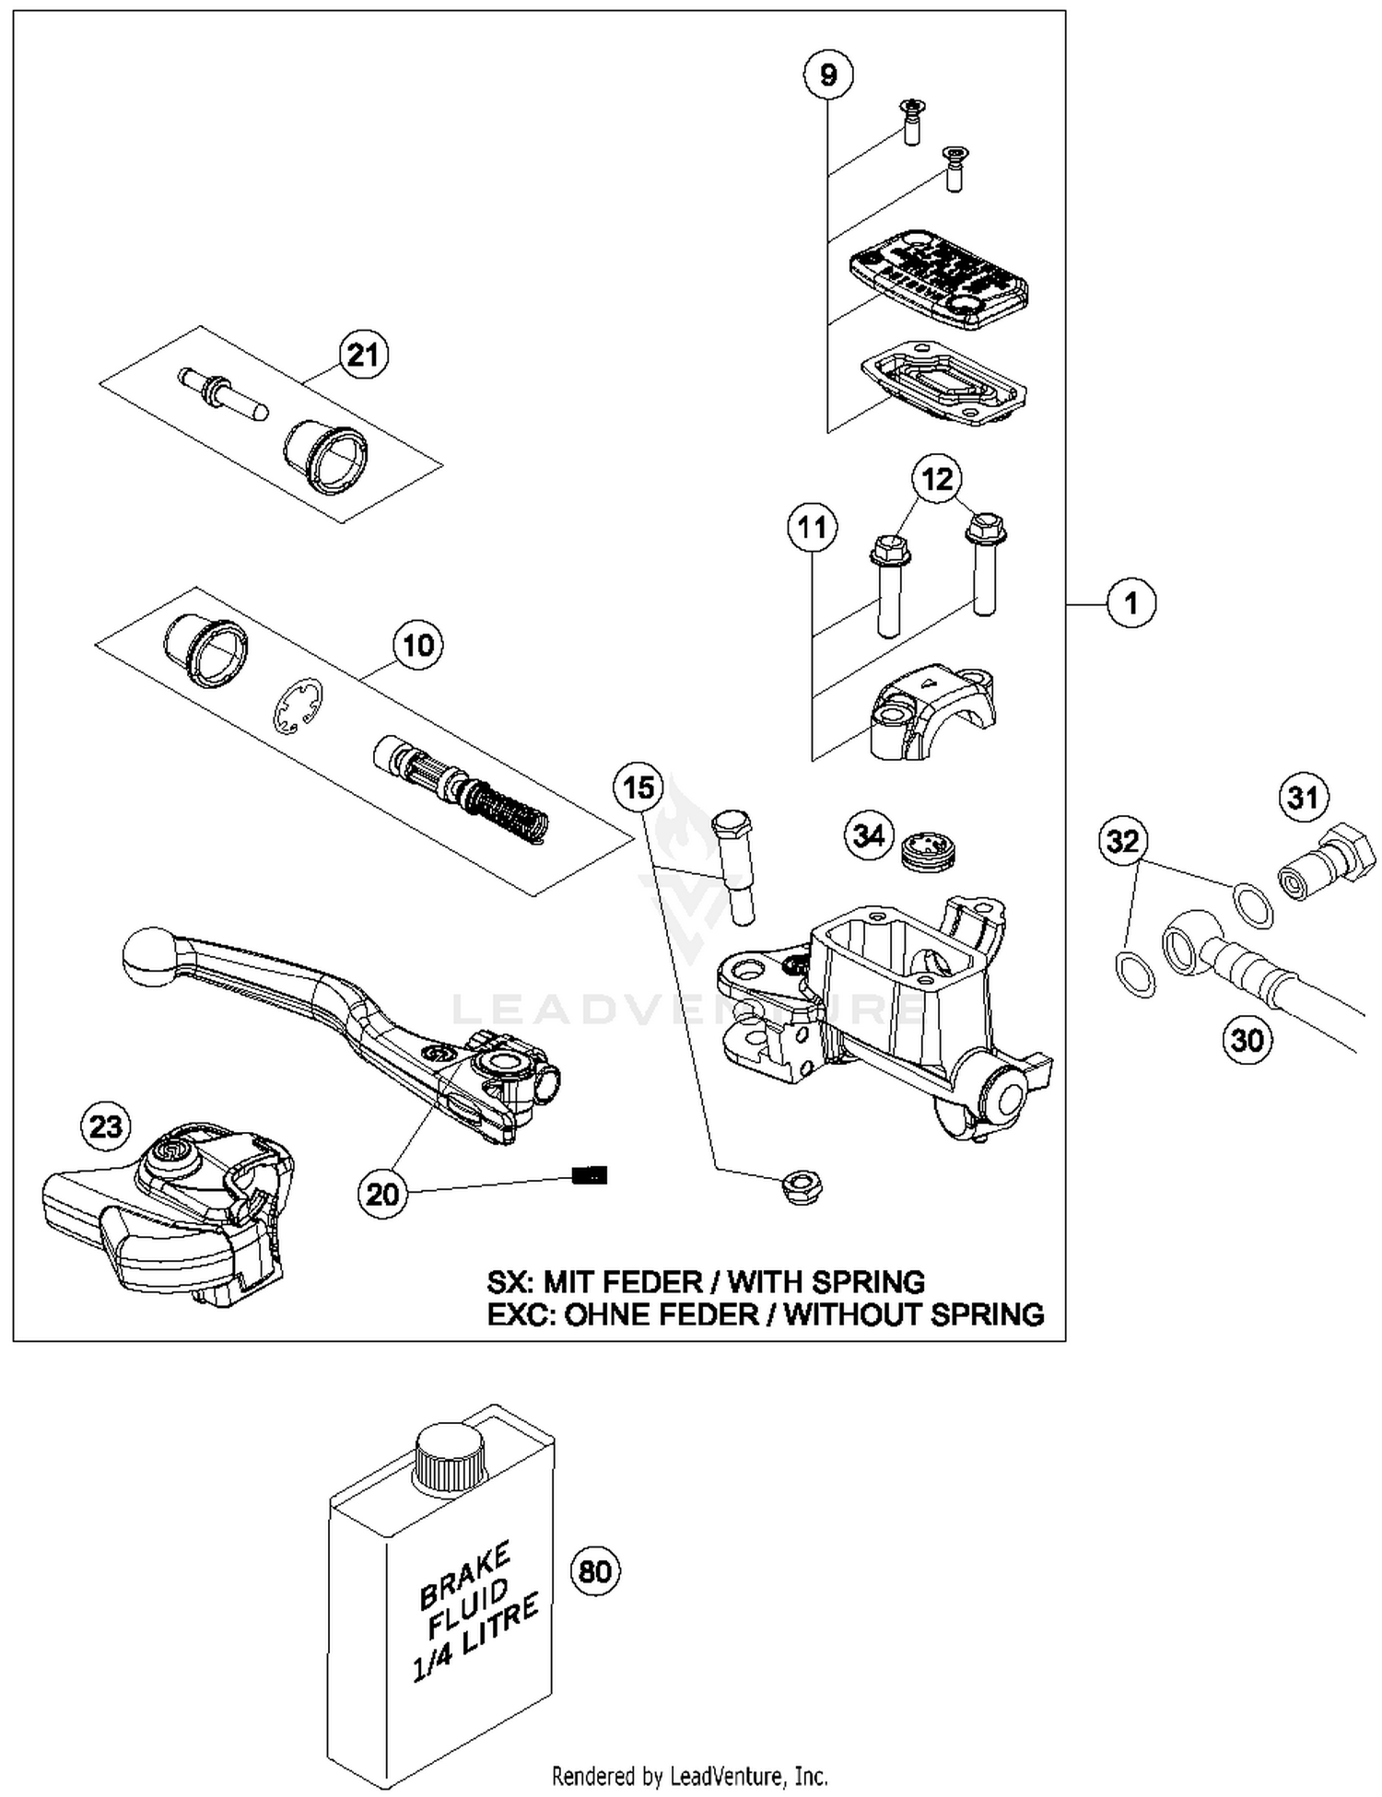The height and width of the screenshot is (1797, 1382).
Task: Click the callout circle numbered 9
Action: (x=827, y=74)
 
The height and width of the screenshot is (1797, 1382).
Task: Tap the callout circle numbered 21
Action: (x=363, y=355)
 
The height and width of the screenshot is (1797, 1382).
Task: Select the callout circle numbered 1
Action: (x=1130, y=603)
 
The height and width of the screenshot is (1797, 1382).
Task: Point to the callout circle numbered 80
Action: (x=595, y=1570)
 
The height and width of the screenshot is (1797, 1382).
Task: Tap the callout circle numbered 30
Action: (x=1247, y=1040)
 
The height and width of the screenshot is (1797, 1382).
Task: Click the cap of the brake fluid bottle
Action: (x=449, y=1458)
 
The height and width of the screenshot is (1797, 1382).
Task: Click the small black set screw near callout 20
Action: (x=590, y=1175)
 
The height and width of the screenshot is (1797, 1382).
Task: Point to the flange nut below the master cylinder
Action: (x=801, y=1187)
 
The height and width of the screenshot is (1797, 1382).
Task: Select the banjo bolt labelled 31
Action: (x=1329, y=862)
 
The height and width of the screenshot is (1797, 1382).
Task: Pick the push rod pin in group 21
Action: (x=223, y=391)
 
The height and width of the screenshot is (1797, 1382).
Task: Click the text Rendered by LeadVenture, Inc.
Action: (x=689, y=1775)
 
